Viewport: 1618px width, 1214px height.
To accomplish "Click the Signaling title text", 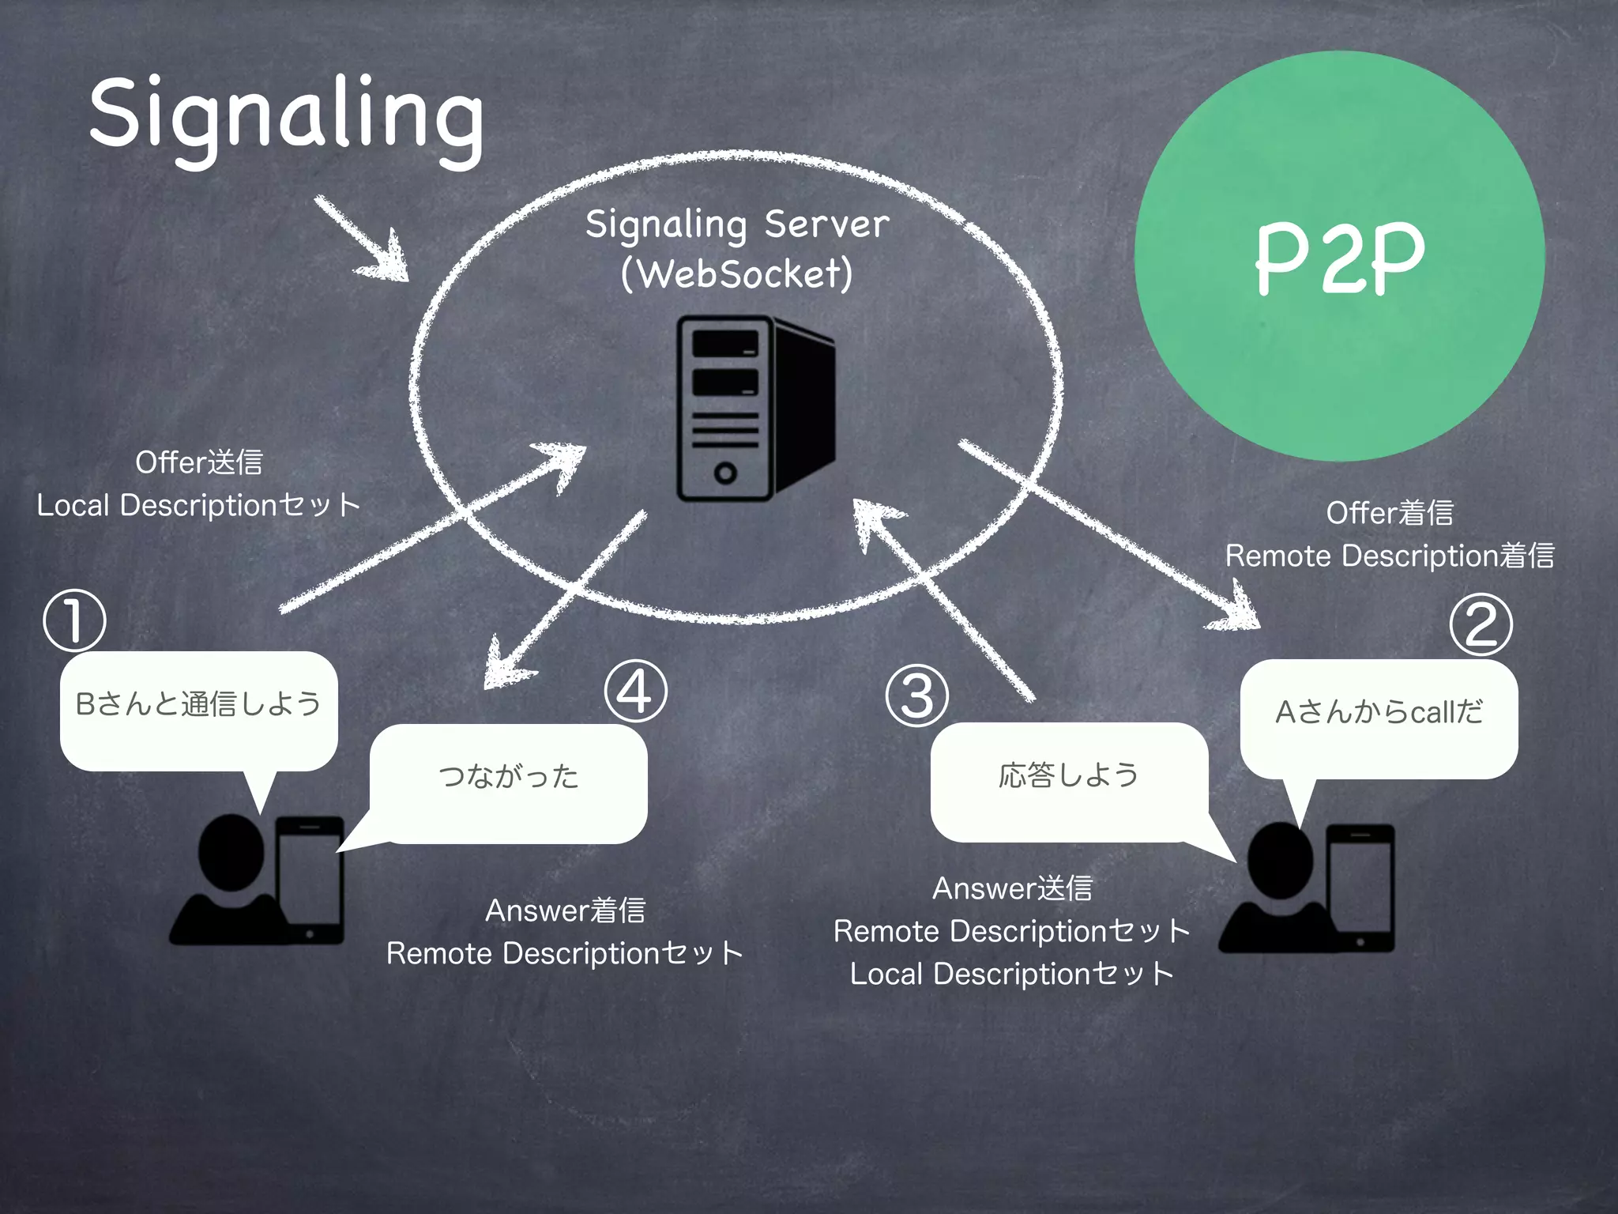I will tap(286, 115).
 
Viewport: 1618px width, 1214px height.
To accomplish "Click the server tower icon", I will tap(754, 409).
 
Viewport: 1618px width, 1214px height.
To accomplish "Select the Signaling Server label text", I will tap(737, 224).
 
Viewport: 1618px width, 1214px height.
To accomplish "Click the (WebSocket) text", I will tap(737, 274).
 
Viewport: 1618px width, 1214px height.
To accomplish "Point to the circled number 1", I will tap(74, 620).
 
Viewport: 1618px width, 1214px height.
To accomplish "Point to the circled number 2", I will tap(1481, 624).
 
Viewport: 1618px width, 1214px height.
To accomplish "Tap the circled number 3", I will tap(916, 696).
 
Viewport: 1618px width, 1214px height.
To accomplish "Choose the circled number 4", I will tap(635, 692).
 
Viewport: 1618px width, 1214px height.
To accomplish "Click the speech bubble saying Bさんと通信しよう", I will tap(198, 706).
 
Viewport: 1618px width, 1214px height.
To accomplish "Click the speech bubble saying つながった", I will tap(510, 779).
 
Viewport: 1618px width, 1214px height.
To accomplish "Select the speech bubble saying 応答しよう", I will tap(1068, 777).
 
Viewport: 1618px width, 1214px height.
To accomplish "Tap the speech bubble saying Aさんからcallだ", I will tap(1379, 714).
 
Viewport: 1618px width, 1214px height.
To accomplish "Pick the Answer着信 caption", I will tap(566, 911).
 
